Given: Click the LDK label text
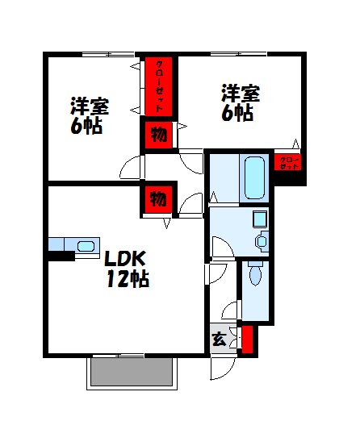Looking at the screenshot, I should (123, 260).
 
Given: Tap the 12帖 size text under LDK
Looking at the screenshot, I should (127, 280).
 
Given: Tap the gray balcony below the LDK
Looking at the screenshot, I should (132, 372).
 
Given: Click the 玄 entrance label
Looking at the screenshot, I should (220, 339).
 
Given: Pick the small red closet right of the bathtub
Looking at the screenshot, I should (289, 162).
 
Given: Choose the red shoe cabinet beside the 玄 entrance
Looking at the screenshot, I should (247, 340).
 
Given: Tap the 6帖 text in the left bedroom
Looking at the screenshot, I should (86, 126).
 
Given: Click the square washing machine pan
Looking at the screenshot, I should (260, 218).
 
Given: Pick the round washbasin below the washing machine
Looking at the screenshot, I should (262, 240).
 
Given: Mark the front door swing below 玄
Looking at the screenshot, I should (220, 367).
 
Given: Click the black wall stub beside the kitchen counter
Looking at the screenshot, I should (60, 256).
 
